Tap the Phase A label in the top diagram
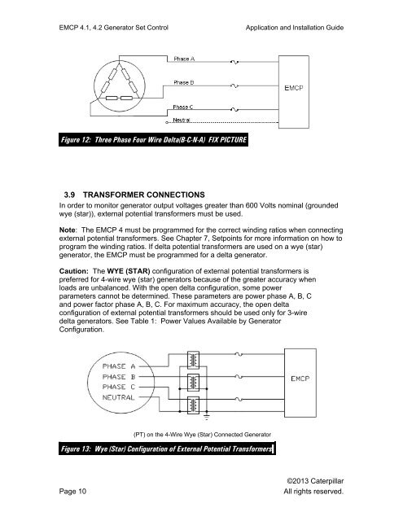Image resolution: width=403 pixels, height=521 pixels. [185, 58]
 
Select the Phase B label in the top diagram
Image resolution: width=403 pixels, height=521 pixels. [185, 81]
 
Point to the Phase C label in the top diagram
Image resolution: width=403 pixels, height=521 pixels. [185, 107]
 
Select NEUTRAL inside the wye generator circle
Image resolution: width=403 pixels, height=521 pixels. [131, 400]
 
